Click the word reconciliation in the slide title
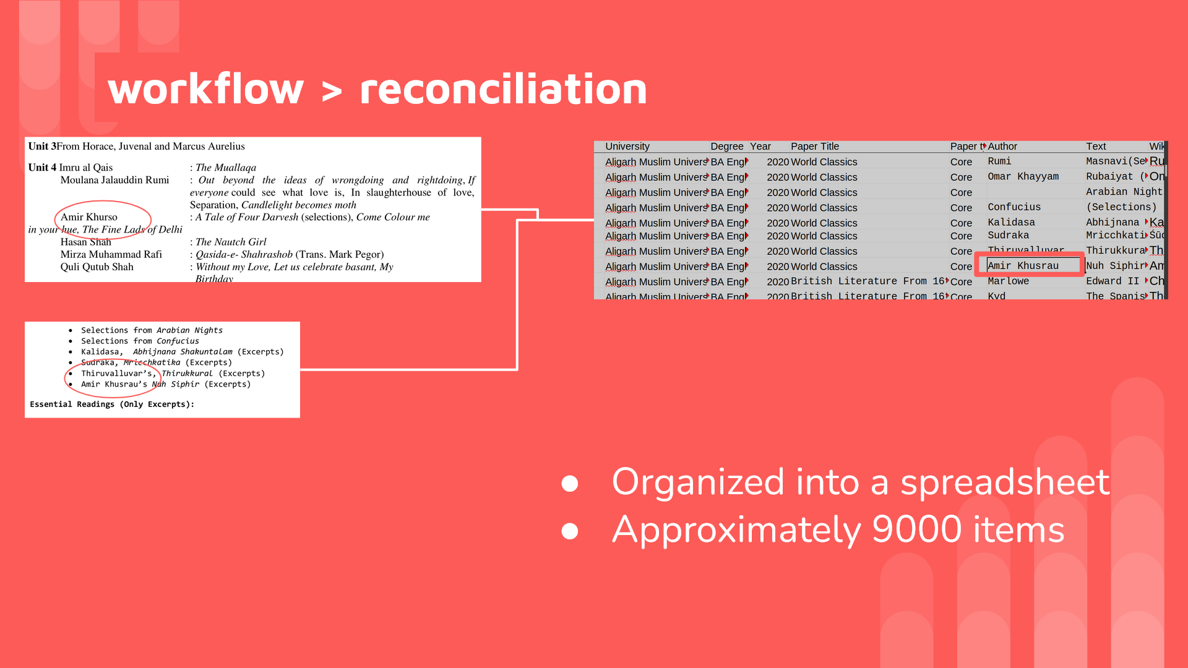(503, 89)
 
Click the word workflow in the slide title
(205, 89)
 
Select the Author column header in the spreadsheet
(1002, 147)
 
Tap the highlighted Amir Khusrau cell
(1023, 266)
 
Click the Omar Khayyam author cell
(1023, 177)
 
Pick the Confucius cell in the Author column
(1014, 207)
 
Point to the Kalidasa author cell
(1011, 223)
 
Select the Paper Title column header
(814, 147)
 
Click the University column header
(627, 147)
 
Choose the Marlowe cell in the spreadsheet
(1008, 281)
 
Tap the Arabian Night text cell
(1124, 192)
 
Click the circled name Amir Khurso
(89, 217)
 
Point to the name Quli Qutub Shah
(97, 267)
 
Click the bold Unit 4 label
(42, 168)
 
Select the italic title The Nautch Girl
(231, 242)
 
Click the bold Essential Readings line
(112, 405)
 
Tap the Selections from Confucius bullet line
(140, 341)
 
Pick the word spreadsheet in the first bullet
(1004, 482)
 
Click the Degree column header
(726, 147)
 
